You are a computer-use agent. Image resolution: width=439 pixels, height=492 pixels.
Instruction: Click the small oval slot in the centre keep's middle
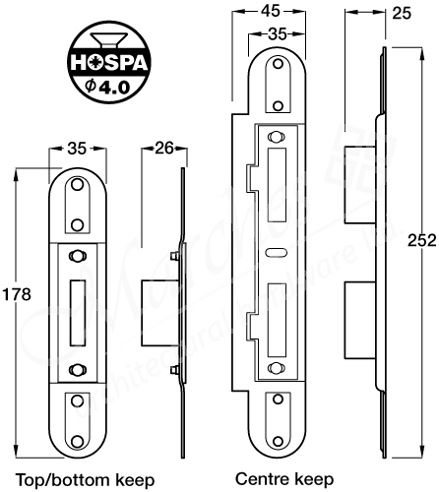[x=274, y=252]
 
